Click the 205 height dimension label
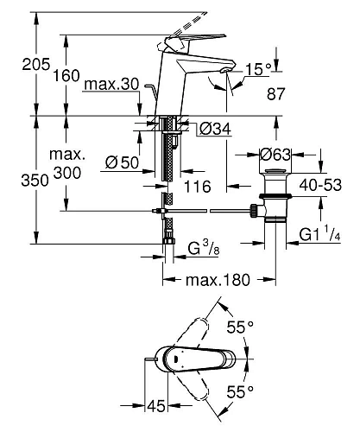click(36, 64)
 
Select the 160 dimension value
click(66, 76)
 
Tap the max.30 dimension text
click(112, 85)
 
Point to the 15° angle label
click(258, 69)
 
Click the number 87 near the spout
click(275, 94)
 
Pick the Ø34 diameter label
click(215, 129)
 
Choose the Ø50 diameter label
click(122, 162)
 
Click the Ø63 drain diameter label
click(275, 155)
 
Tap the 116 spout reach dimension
click(198, 187)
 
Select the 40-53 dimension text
click(320, 185)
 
